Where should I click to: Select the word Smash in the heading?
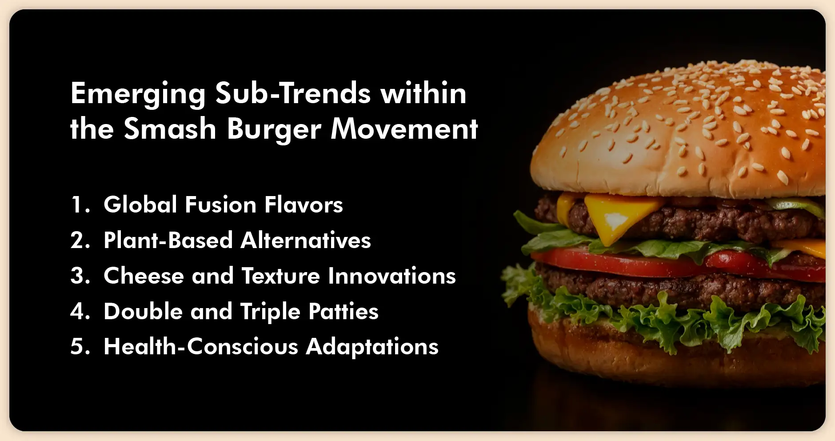[x=170, y=129]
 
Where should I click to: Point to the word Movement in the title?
[x=404, y=129]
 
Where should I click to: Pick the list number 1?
[x=79, y=205]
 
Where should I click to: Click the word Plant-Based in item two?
[x=168, y=241]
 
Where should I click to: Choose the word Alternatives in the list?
[x=306, y=241]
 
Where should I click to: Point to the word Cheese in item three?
[x=144, y=276]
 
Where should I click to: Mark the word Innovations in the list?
[x=392, y=276]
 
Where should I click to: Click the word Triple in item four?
[x=270, y=312]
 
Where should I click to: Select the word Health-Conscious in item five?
[x=201, y=347]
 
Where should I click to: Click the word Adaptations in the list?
[x=372, y=347]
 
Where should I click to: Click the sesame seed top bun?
[x=680, y=129]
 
